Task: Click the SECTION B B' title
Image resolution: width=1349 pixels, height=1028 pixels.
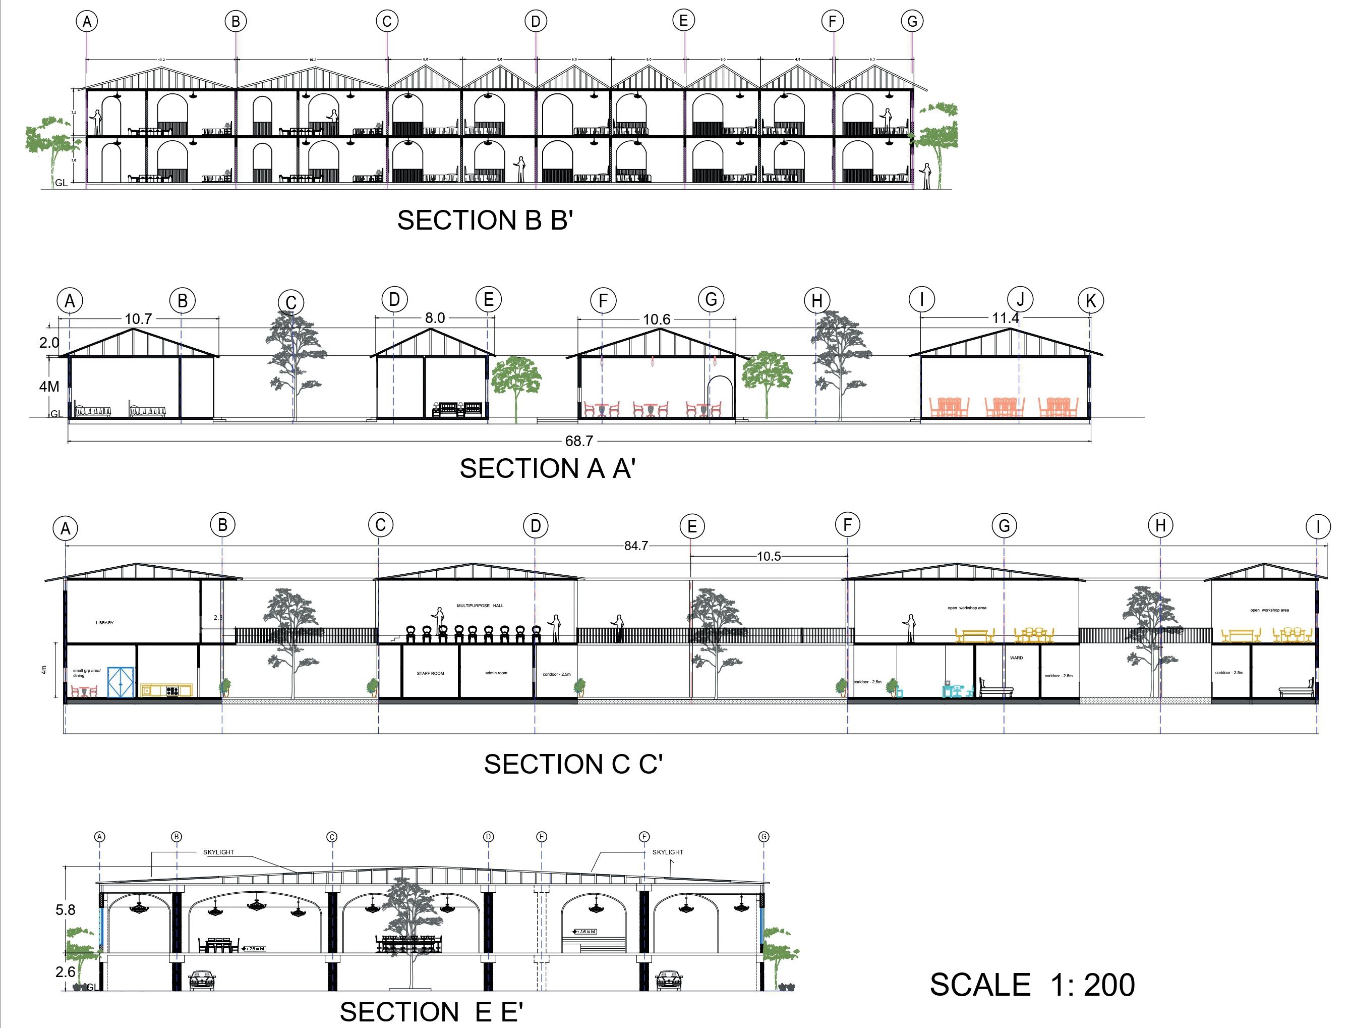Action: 485,220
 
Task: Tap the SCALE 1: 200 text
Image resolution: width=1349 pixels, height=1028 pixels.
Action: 1032,985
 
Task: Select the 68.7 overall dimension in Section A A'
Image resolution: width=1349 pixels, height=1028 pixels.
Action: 578,441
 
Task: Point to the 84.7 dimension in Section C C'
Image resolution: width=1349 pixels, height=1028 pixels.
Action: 636,546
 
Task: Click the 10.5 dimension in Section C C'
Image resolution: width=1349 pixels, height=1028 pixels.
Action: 769,556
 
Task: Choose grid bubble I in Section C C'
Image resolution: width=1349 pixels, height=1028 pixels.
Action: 1318,527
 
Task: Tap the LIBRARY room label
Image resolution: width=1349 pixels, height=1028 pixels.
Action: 104,623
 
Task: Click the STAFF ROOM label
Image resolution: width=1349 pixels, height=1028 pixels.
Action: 431,674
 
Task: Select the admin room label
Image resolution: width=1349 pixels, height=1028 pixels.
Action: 496,673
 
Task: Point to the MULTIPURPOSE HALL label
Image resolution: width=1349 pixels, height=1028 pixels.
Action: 480,606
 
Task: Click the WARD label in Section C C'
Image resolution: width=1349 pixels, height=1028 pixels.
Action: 1016,658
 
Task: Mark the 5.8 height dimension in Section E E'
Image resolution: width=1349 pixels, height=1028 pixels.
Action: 66,910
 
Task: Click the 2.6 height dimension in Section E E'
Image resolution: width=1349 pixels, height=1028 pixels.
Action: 66,971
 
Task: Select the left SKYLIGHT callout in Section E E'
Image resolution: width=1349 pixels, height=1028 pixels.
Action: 218,852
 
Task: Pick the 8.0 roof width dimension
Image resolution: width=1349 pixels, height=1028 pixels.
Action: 435,318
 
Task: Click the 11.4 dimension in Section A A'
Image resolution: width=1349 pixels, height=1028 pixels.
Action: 1006,318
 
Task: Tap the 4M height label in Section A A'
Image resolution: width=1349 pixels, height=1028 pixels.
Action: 49,387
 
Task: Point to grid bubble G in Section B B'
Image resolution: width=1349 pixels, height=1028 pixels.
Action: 912,21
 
